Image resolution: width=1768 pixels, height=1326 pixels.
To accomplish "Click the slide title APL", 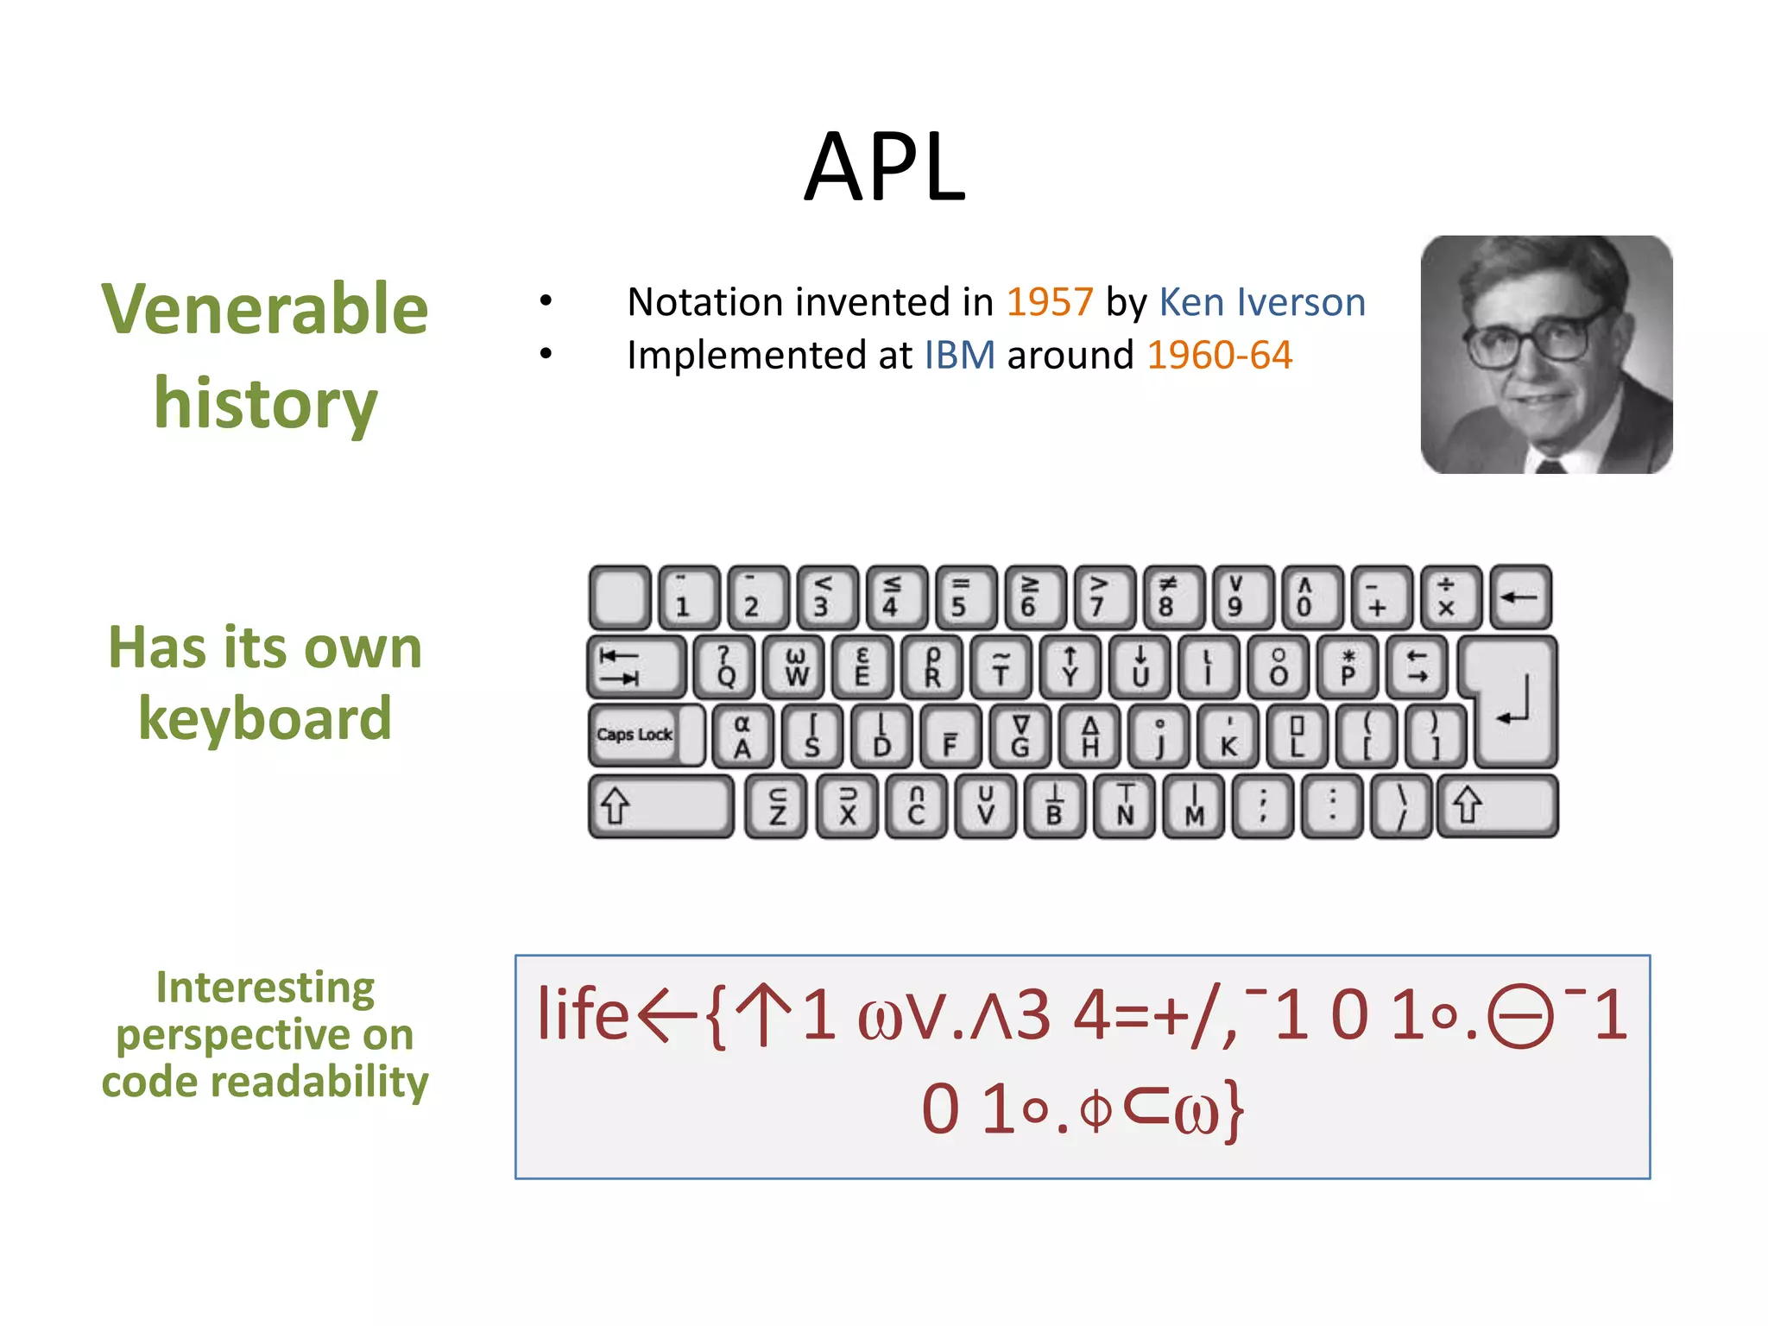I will tap(884, 167).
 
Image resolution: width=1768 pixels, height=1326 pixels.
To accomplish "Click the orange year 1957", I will tap(1049, 302).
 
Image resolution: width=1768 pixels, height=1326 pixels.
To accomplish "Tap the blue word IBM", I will tap(959, 355).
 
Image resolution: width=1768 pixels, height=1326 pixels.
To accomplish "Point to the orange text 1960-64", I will tap(1219, 355).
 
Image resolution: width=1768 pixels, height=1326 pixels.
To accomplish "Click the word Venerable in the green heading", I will tap(264, 308).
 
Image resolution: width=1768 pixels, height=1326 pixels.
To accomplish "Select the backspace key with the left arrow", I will tap(1519, 596).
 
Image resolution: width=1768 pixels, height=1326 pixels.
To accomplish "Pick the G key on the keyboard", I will tap(1020, 736).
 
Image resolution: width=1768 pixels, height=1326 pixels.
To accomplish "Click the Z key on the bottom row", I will tap(777, 805).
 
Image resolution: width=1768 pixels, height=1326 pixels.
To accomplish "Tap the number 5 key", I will tap(959, 596).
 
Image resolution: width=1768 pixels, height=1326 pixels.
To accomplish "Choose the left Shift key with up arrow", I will tap(659, 805).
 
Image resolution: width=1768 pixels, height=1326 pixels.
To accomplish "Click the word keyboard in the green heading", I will tap(264, 718).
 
